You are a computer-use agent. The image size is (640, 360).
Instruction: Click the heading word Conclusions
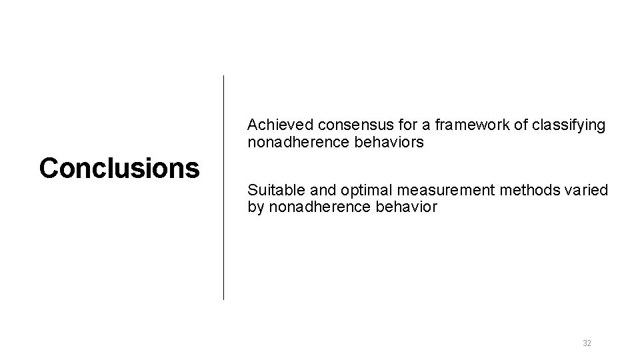[119, 168]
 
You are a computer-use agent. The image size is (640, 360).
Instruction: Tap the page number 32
[587, 343]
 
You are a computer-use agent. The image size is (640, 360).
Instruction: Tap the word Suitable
[271, 191]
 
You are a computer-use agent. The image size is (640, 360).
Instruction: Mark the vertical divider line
[223, 187]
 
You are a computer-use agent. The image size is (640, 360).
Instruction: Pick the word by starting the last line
[255, 207]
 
